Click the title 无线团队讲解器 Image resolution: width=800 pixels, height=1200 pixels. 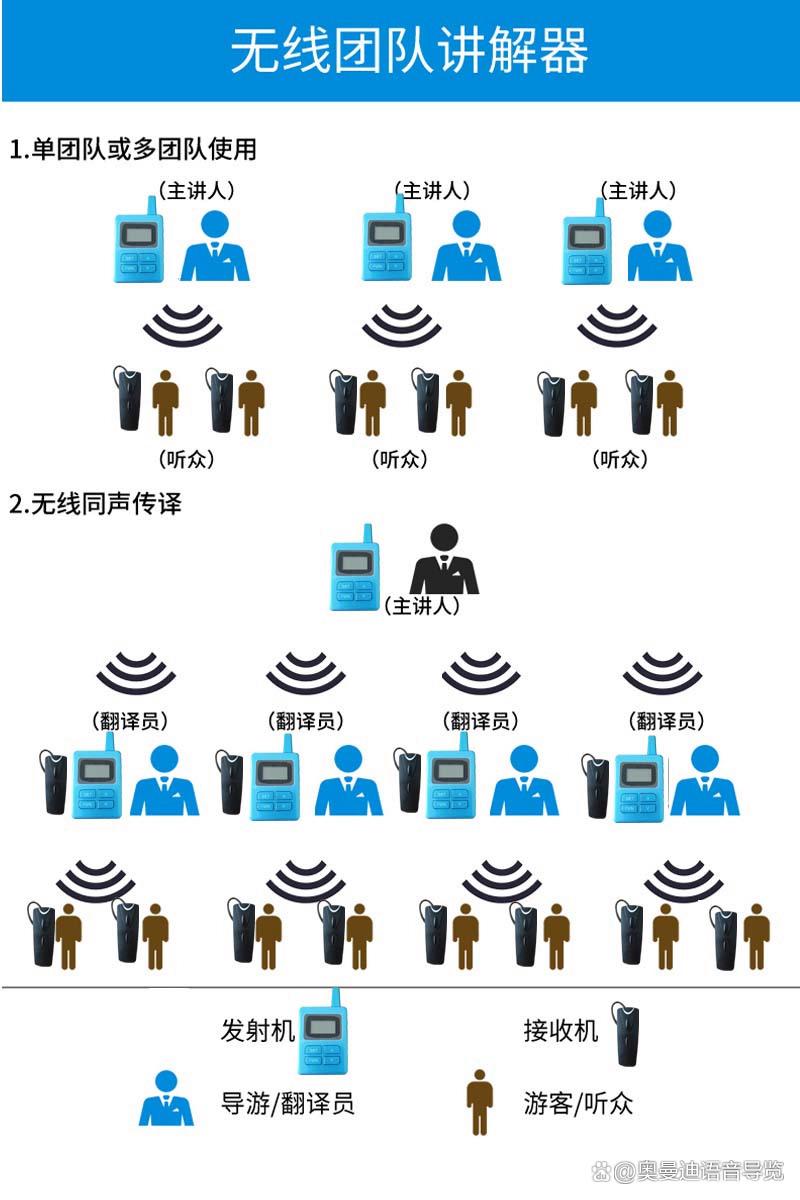point(409,50)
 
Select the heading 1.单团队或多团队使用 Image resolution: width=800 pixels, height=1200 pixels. point(133,149)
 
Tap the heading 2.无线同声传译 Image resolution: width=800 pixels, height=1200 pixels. point(96,504)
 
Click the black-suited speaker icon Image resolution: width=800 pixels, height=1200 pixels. point(444,559)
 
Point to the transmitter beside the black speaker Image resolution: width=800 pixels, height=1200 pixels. point(355,568)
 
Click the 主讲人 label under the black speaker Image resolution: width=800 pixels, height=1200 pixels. point(422,606)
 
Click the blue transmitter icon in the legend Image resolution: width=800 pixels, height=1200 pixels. point(323,1031)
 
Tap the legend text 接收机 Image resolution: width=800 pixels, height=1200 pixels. point(560,1030)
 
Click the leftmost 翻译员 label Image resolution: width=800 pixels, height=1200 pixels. point(130,721)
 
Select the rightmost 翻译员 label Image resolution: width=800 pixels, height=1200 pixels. point(666,721)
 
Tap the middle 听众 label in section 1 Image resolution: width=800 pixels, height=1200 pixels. point(400,459)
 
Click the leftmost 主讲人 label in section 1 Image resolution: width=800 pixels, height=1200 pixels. point(197,190)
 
